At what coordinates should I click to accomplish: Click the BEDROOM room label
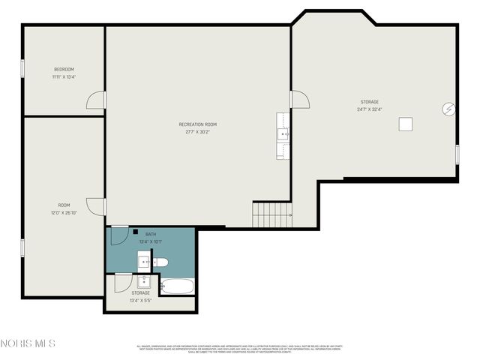[64, 69]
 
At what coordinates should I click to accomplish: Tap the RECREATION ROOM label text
[198, 124]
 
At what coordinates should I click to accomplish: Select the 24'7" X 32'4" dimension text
[369, 109]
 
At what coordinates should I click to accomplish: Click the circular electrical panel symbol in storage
[448, 109]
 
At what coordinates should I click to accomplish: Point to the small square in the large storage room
[406, 124]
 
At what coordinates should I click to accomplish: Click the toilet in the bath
[160, 262]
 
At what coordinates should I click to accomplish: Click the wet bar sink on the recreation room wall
[283, 135]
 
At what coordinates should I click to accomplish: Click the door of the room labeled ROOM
[96, 206]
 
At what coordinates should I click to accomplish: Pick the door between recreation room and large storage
[299, 99]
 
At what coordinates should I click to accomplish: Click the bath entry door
[118, 235]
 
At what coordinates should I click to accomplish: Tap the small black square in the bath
[135, 232]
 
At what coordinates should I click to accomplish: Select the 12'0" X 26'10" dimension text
[64, 212]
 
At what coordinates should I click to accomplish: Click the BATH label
[151, 234]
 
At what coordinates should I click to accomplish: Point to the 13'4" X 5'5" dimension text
[140, 300]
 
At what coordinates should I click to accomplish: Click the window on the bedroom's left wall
[22, 68]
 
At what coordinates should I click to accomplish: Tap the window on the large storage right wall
[457, 154]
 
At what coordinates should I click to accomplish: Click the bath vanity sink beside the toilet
[143, 262]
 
